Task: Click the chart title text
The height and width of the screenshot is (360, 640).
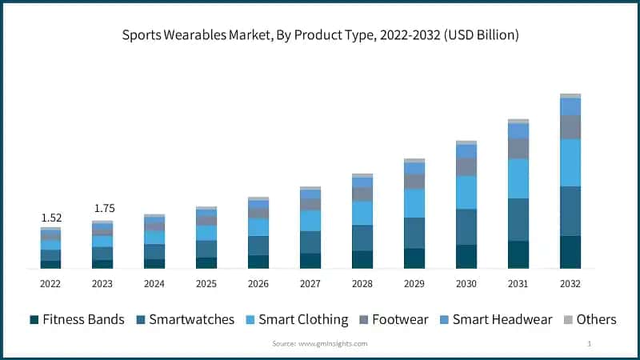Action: (320, 35)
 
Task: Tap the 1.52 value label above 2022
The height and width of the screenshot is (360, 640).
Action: (50, 218)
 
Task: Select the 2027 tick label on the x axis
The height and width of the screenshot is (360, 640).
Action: (310, 284)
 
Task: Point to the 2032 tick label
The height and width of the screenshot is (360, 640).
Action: (570, 284)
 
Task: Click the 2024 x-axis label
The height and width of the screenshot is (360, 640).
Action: (154, 284)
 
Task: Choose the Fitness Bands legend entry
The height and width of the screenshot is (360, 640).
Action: (77, 319)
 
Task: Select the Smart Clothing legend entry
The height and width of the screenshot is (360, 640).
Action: (296, 319)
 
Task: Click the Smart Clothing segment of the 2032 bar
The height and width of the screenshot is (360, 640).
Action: (570, 162)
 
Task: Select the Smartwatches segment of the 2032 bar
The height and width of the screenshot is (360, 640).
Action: (570, 211)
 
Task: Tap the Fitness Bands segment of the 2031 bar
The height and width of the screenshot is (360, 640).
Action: (518, 254)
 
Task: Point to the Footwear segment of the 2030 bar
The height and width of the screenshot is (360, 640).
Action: (466, 166)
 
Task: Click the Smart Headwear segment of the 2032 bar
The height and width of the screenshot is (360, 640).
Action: (570, 106)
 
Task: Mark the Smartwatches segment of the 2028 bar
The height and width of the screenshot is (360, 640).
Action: (362, 238)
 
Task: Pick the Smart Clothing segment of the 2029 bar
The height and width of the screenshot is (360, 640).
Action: (414, 203)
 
